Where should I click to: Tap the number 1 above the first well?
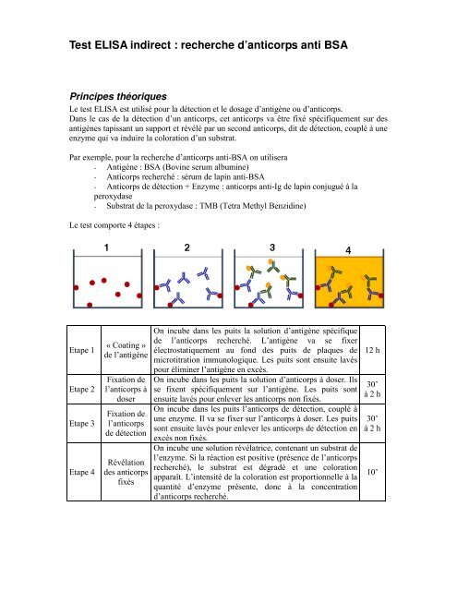pyautogui.click(x=106, y=248)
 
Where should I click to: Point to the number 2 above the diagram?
pyautogui.click(x=188, y=248)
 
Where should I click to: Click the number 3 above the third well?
pyautogui.click(x=271, y=248)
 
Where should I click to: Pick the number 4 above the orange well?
pyautogui.click(x=348, y=250)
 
